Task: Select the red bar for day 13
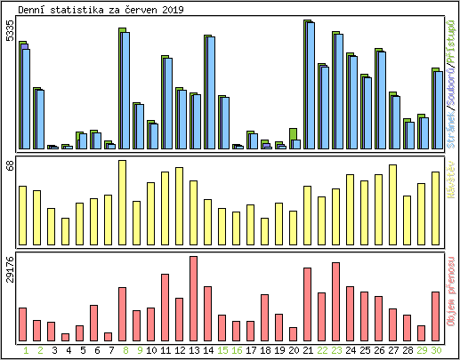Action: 193,298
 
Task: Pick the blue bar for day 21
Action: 311,85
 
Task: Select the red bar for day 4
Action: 65,337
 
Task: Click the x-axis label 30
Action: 436,350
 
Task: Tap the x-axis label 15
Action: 222,350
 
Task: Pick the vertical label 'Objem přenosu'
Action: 452,294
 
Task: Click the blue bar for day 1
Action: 27,99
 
